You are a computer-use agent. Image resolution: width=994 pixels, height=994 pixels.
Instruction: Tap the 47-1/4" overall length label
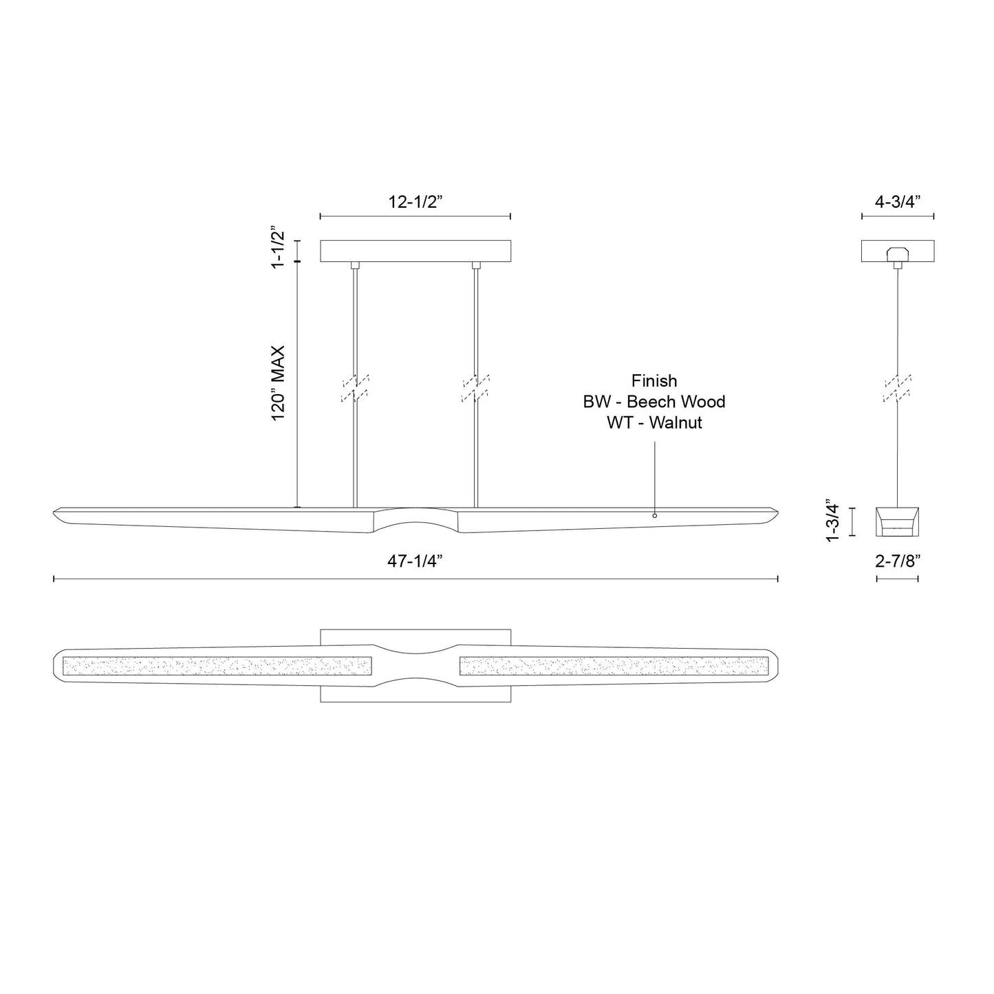(x=414, y=561)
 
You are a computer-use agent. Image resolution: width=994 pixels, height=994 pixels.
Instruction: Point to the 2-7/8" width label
(x=898, y=561)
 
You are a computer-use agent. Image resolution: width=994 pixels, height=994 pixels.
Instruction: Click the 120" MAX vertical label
(x=278, y=383)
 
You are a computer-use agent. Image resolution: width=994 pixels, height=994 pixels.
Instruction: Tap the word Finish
(x=654, y=381)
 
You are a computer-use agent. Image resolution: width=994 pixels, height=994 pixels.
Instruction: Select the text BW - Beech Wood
(x=654, y=402)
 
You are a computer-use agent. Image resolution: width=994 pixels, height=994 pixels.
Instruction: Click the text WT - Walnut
(x=654, y=422)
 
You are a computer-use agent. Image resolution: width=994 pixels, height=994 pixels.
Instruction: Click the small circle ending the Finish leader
(x=655, y=515)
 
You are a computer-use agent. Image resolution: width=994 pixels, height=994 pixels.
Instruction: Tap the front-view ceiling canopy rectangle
(x=415, y=250)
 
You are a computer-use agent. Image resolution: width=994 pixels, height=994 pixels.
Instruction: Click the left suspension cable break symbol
(x=355, y=388)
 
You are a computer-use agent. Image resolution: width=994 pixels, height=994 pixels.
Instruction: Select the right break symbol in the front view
(x=476, y=388)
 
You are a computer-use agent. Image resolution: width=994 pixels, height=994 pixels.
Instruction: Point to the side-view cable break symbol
(x=898, y=388)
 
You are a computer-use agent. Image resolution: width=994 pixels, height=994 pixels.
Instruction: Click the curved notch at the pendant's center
(x=415, y=517)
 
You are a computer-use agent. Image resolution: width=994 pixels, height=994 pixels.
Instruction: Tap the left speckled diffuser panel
(x=217, y=666)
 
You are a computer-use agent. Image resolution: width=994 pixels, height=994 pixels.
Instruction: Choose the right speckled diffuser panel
(x=613, y=666)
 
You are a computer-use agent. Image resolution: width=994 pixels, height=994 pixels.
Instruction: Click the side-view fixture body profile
(x=897, y=521)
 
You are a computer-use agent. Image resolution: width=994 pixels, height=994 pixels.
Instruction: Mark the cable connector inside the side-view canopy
(x=897, y=252)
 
